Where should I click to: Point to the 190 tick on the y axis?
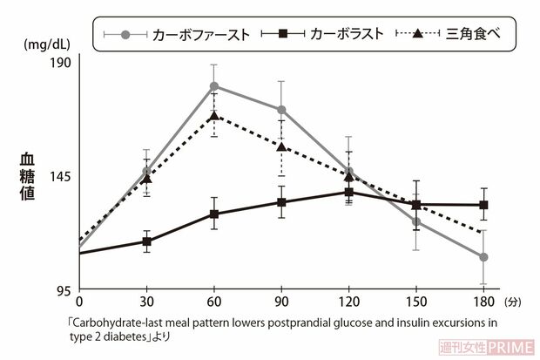click(x=60, y=62)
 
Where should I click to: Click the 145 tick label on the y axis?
click(x=60, y=176)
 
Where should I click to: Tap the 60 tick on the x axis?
click(x=213, y=302)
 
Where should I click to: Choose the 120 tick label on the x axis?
click(x=348, y=302)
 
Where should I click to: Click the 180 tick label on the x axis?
click(x=483, y=302)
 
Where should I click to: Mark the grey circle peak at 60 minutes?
click(x=213, y=85)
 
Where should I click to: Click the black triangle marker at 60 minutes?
click(x=213, y=115)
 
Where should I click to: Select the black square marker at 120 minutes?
click(x=348, y=192)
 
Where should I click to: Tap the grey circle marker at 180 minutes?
click(x=483, y=257)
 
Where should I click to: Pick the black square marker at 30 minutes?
click(x=146, y=241)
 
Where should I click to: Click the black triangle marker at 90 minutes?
click(x=281, y=146)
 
